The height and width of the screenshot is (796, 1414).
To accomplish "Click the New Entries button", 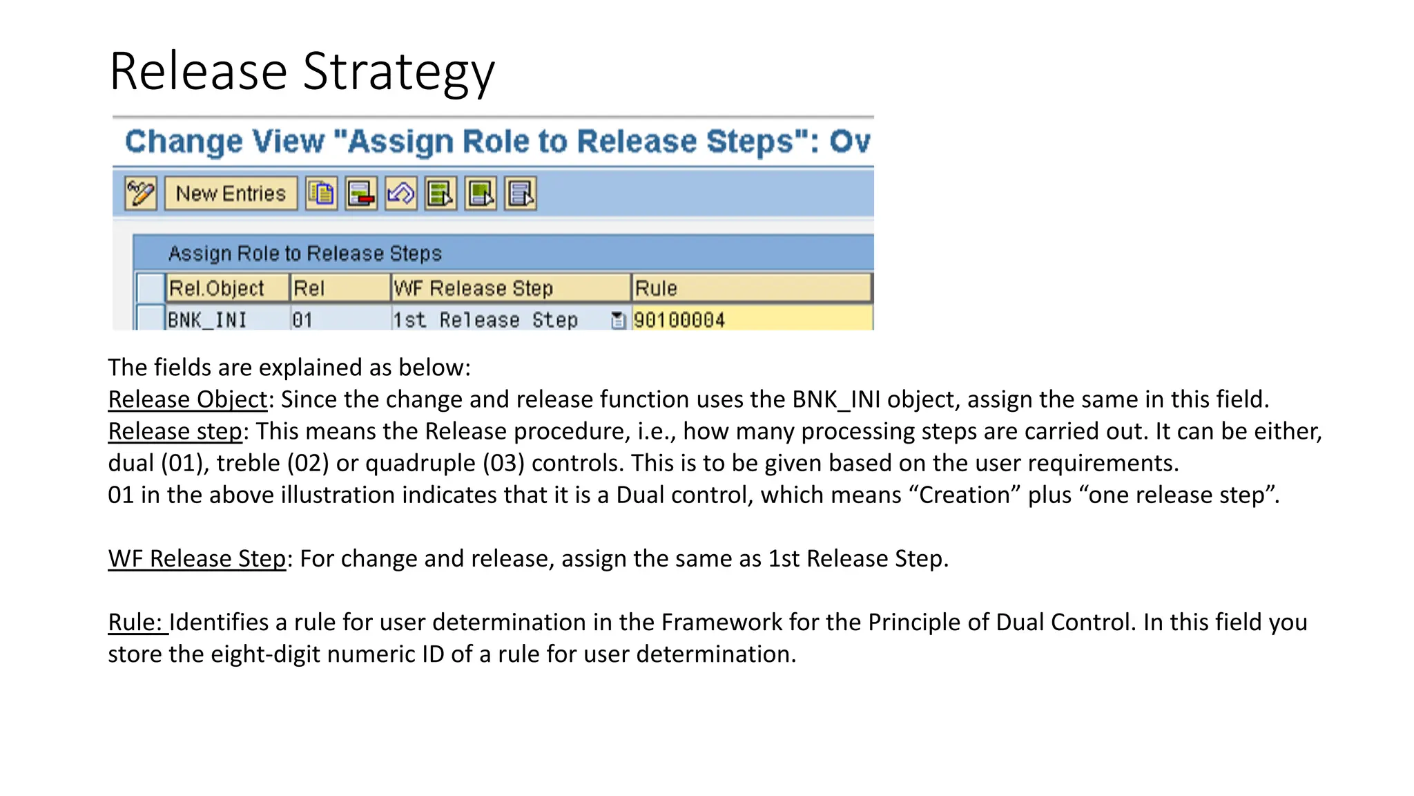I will point(231,193).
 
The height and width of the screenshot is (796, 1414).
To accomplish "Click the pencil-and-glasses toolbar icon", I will point(141,193).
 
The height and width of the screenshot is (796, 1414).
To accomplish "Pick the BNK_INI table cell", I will point(207,320).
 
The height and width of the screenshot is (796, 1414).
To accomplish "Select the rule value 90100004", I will point(679,320).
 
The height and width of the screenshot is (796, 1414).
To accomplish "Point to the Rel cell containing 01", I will point(302,320).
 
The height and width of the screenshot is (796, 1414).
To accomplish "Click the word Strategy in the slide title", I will point(398,72).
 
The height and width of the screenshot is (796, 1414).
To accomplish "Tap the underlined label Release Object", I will point(187,399).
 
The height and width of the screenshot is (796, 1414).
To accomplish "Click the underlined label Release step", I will point(175,431).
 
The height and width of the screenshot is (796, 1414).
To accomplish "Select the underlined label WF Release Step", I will point(197,558).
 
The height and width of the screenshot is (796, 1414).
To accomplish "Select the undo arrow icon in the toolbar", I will point(400,193).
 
